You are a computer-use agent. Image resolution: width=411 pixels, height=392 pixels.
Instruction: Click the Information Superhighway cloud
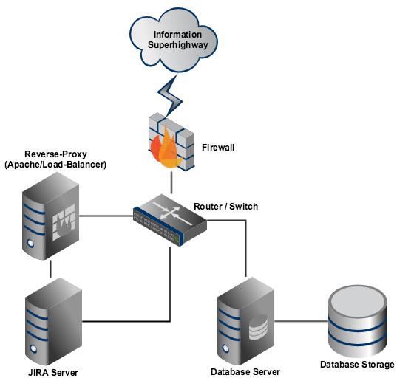click(x=174, y=40)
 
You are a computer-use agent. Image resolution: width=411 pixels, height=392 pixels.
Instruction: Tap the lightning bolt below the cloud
click(x=170, y=95)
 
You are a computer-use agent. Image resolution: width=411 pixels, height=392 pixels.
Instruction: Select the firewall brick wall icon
click(x=171, y=142)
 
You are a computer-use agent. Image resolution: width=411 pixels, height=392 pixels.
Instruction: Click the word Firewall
click(x=218, y=148)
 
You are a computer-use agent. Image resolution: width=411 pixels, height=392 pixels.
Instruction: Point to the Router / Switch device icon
click(x=170, y=220)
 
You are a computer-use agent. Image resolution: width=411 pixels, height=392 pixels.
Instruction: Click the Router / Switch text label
click(x=225, y=207)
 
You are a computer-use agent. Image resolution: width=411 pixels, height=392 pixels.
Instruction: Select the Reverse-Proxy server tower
click(x=50, y=216)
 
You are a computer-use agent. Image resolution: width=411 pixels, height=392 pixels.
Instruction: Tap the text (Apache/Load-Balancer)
click(x=55, y=165)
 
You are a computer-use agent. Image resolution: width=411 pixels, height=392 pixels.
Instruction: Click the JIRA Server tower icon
click(x=53, y=321)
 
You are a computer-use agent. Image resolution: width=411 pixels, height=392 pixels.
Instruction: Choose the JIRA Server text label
click(x=53, y=372)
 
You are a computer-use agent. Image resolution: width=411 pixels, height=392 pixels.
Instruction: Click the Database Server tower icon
click(x=245, y=321)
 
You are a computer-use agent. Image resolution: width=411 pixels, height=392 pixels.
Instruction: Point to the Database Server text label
click(x=245, y=372)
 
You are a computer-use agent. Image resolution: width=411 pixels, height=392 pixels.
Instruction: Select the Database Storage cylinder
click(x=358, y=321)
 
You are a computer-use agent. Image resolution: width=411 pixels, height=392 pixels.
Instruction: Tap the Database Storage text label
click(x=357, y=365)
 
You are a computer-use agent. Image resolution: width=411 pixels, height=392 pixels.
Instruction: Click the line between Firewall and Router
click(x=171, y=183)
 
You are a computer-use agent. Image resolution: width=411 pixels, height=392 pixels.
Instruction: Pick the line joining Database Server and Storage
click(x=301, y=321)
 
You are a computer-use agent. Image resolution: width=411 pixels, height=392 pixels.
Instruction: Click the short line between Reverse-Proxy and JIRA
click(x=50, y=269)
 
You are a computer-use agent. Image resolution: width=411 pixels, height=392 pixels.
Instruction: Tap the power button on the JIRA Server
click(x=33, y=348)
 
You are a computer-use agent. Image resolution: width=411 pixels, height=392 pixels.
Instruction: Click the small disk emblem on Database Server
click(x=258, y=327)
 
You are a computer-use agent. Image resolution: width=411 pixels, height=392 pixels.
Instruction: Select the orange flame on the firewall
click(x=166, y=148)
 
